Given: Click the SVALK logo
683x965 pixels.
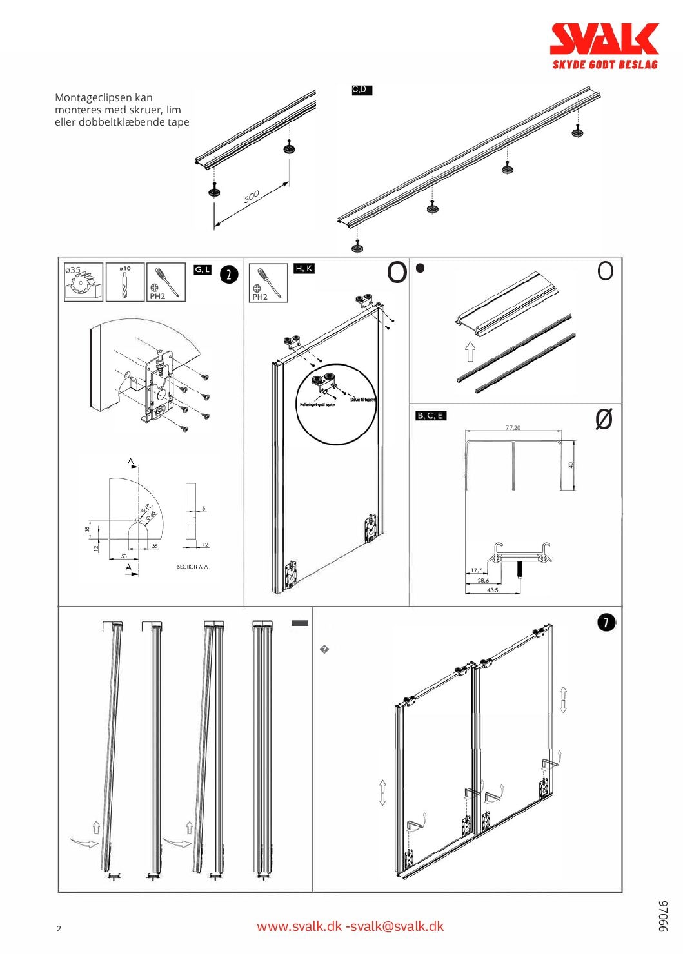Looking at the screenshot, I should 604,39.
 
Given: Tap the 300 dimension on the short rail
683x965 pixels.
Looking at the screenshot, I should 252,195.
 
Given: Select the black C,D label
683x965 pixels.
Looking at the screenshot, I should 361,90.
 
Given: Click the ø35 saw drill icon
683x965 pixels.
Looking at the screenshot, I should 83,282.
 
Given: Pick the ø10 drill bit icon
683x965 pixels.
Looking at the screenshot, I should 124,282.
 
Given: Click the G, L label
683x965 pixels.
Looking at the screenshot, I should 203,269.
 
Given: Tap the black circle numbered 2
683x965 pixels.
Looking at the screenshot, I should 229,275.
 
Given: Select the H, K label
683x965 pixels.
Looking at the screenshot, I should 304,268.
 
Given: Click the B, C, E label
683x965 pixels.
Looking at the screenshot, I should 430,416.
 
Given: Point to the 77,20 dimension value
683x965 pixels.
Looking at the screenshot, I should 513,428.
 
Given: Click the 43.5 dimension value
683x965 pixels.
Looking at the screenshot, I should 492,590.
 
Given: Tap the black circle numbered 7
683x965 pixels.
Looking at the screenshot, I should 606,622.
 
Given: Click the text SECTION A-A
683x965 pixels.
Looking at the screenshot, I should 192,567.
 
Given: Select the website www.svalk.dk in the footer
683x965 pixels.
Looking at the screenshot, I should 299,926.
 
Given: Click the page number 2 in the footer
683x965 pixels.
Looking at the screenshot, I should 59,929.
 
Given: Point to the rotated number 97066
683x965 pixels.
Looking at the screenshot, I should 663,916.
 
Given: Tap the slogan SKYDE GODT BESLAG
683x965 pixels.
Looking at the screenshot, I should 604,64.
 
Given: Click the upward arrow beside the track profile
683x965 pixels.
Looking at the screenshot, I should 470,351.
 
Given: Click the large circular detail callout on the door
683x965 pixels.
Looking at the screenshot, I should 335,404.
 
